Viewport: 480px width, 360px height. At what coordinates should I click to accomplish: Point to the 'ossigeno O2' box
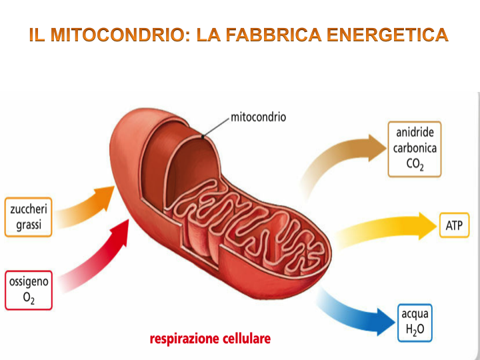click(28, 290)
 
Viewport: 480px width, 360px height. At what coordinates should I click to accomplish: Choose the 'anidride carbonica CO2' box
click(414, 149)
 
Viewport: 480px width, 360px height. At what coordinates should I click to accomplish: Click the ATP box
click(453, 226)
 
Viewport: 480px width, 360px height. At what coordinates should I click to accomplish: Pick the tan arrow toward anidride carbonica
click(340, 157)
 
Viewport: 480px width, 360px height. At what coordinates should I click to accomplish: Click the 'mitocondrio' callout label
click(258, 117)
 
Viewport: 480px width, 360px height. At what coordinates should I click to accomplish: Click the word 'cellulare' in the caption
click(243, 339)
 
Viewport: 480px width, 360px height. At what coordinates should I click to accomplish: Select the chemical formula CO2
click(414, 165)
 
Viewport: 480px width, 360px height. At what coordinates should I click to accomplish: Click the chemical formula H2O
click(415, 329)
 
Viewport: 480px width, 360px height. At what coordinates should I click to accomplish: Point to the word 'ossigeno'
click(28, 282)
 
